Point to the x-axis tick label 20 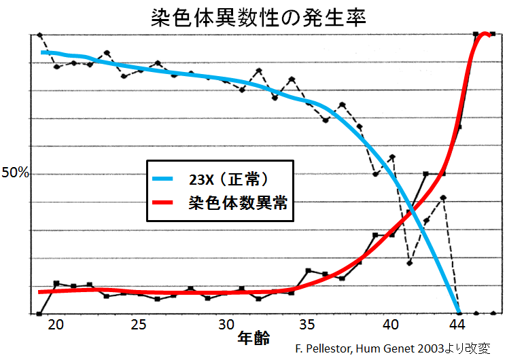tap(56, 325)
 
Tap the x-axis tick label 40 tap(390, 325)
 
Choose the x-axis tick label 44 tap(458, 325)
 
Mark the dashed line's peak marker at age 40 tap(392, 157)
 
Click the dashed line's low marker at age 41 tap(409, 263)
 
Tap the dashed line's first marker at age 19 tap(39, 35)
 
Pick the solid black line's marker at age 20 tap(56, 283)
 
